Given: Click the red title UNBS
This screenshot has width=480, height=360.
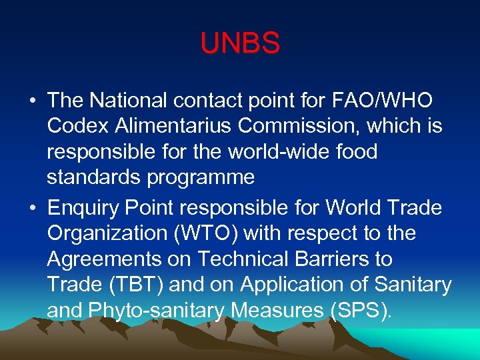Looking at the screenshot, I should click(240, 44).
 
